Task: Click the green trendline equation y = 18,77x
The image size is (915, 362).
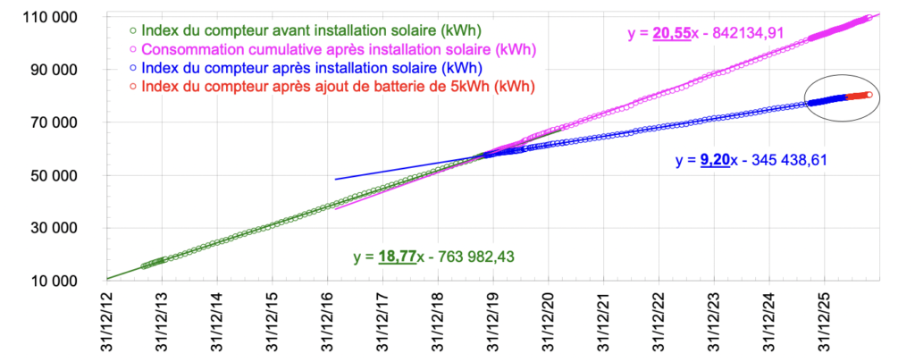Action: [433, 257]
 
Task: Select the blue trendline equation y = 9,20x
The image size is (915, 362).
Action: [751, 161]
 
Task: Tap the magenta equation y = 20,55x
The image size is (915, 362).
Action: [705, 34]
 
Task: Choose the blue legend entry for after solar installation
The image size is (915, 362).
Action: [306, 68]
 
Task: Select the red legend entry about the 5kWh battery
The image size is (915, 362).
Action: [332, 87]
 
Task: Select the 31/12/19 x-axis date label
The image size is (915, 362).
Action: [493, 322]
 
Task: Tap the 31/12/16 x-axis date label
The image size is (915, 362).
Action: [328, 322]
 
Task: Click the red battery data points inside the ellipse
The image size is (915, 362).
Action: [858, 97]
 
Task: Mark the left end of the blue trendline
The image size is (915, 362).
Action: [335, 180]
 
